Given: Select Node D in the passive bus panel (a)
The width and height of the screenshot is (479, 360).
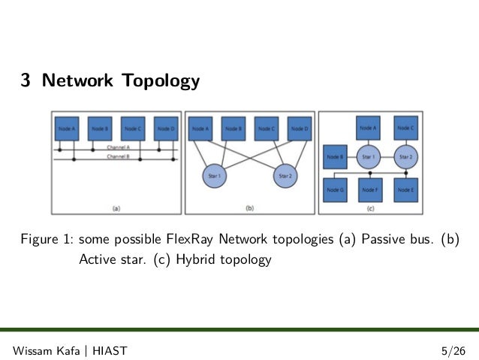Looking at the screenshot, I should click(x=165, y=129).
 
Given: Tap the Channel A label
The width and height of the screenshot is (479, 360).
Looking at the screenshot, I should click(x=118, y=148).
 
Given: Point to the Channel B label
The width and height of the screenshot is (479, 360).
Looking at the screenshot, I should click(x=118, y=157).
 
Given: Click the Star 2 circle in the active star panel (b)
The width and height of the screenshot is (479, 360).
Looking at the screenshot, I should click(x=285, y=176).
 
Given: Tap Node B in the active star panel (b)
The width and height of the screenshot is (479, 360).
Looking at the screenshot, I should click(x=233, y=129).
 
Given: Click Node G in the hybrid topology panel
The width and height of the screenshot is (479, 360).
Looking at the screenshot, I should click(x=335, y=190).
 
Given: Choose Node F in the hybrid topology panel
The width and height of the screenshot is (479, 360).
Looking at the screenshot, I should click(x=370, y=190).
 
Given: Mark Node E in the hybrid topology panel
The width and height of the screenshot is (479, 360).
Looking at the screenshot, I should click(x=405, y=190).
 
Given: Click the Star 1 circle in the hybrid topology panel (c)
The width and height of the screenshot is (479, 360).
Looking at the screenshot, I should click(x=370, y=158).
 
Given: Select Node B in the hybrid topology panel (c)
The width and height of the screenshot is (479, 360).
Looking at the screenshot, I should click(x=335, y=157).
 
